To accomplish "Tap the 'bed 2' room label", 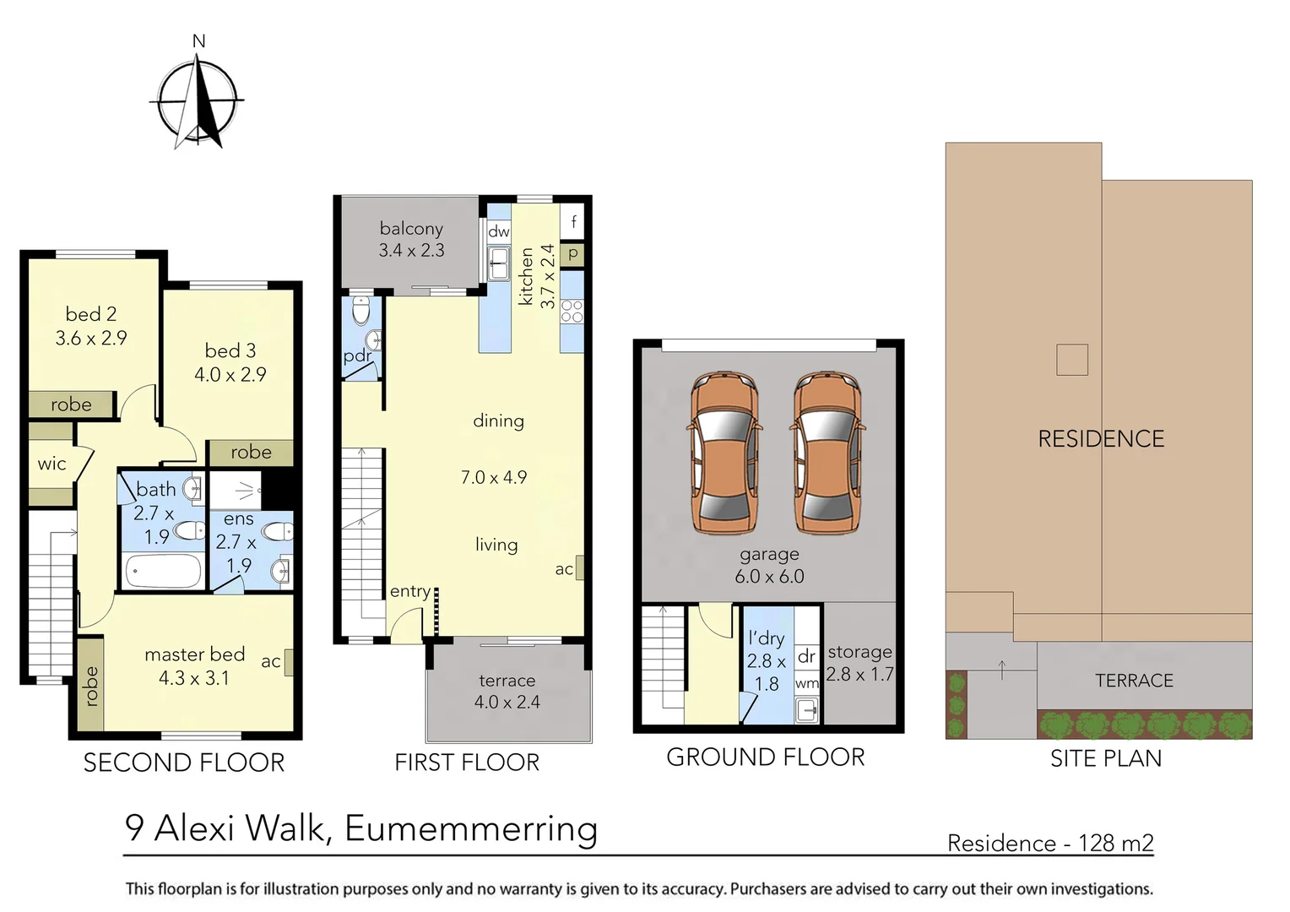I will (91, 314).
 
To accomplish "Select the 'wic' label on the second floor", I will (51, 464).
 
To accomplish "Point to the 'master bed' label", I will (194, 654).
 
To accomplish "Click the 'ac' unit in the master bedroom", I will (289, 661).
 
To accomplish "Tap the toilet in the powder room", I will (361, 311).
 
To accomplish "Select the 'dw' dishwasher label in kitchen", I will (498, 231).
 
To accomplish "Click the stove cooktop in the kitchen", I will (572, 312).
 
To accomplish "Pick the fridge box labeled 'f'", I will (573, 222).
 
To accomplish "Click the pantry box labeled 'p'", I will (572, 252).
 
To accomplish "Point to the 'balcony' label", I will (411, 229).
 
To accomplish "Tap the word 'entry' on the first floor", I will (410, 591).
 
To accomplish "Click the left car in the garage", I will (724, 453).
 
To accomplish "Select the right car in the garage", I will (827, 453).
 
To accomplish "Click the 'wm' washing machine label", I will (807, 683).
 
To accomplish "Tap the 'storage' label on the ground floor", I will (859, 652).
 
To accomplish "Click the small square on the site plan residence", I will (1071, 360).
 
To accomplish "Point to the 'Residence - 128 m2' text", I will (1049, 843).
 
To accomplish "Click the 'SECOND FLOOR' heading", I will (184, 763).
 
